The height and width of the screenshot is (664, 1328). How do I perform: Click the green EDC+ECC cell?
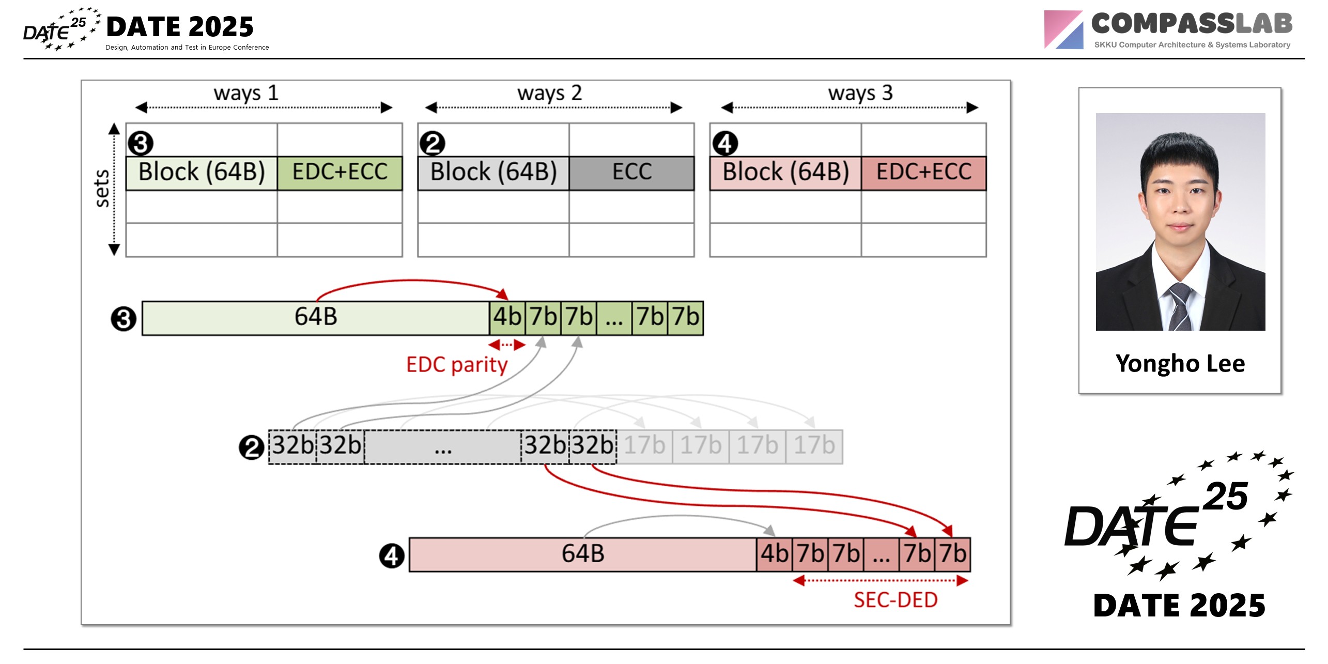point(339,173)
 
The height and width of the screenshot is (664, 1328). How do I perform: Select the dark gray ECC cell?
point(631,173)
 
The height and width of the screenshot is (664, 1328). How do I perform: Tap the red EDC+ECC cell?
point(923,173)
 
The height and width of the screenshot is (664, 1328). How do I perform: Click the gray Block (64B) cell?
point(493,173)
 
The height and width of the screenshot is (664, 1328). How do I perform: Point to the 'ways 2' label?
point(549,93)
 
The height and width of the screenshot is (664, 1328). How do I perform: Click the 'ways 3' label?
point(860,93)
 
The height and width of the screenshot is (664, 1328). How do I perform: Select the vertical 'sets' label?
point(103,188)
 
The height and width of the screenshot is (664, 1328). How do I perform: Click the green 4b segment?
point(507,317)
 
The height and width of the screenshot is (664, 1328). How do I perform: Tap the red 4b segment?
point(774,554)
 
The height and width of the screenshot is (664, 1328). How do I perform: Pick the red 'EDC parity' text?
point(457,365)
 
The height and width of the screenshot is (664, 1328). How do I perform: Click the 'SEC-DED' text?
point(895,600)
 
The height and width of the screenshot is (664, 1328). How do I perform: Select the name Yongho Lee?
point(1180,363)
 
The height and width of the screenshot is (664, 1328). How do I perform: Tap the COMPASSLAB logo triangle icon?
point(1063,30)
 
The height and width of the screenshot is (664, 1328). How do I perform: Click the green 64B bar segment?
point(316,317)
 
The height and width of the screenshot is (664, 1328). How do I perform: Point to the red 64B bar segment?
point(582,554)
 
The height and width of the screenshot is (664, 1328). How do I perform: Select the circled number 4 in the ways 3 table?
point(725,143)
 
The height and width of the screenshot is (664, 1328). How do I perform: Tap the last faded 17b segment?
point(814,446)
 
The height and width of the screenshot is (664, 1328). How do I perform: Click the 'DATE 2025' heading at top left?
point(180,27)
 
